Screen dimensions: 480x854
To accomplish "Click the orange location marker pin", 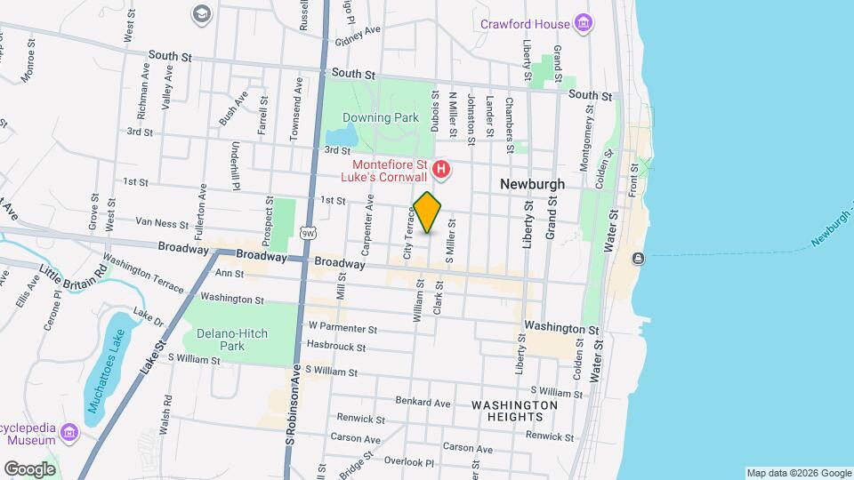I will pos(428,212).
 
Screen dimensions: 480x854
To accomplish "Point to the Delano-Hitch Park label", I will pos(219,339).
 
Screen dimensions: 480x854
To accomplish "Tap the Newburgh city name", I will pos(532,184).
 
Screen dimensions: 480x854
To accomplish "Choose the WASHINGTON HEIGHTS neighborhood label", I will pos(514,411).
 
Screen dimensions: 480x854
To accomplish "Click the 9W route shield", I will pos(307,233).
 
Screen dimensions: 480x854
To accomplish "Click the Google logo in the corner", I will pos(29,468).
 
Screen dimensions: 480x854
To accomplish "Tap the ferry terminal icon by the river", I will pos(638,258).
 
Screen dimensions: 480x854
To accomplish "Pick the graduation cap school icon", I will pos(201,13).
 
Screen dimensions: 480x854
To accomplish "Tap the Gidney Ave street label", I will pos(358,29).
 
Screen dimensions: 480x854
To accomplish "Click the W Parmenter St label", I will pos(342,328).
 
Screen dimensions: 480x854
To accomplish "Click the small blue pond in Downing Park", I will pos(348,135).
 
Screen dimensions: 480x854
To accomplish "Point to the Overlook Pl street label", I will pos(408,462).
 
